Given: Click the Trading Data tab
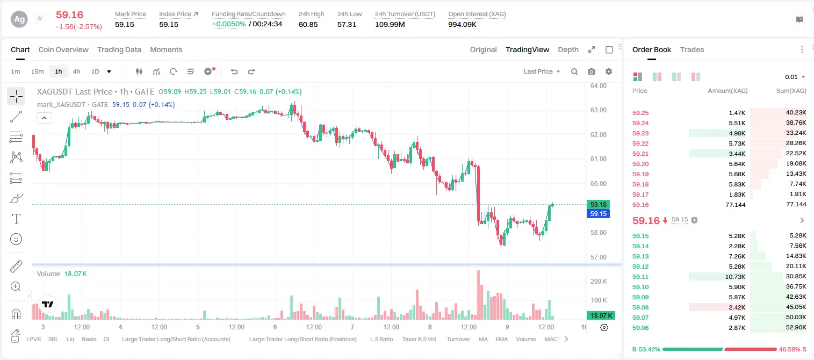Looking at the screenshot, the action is [119, 49].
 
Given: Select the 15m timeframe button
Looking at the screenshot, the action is [37, 71].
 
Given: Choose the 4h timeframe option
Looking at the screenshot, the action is [76, 71].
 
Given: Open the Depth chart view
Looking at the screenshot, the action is [568, 49].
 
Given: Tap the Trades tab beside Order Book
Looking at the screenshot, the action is [692, 49].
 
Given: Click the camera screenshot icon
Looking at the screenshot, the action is [592, 71].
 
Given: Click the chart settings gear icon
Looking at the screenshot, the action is [609, 71].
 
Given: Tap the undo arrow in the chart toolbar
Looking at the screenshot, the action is [234, 71].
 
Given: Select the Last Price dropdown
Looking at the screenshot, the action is [542, 71].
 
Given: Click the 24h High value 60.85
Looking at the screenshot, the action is [308, 24].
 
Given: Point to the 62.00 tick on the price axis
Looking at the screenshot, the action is [598, 135].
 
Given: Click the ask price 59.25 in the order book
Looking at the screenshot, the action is [640, 113].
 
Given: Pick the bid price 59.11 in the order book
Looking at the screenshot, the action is [640, 277].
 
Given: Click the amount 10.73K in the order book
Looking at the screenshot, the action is [735, 277].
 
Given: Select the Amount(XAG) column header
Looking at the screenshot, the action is [727, 91].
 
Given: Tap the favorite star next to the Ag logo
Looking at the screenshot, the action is [40, 18].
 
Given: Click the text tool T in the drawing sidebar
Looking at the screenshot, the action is [16, 219].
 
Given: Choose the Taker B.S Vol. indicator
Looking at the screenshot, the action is [419, 339].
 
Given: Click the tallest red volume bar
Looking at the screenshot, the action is [478, 295].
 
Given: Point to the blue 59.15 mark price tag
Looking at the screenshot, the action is [598, 214].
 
